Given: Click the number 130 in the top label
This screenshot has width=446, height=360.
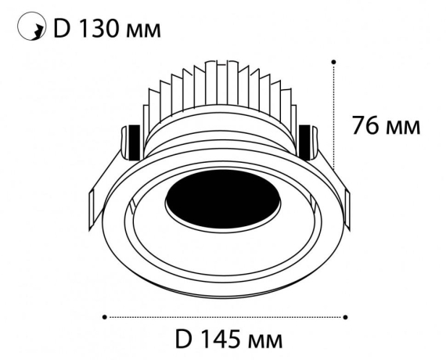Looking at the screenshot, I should (x=99, y=30).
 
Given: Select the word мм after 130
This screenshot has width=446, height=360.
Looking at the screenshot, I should (x=146, y=32).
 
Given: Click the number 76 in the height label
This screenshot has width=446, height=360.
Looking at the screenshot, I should (x=368, y=125).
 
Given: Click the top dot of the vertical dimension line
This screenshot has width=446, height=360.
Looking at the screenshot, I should (x=335, y=60).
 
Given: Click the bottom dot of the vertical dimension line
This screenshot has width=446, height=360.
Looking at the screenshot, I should (x=335, y=166).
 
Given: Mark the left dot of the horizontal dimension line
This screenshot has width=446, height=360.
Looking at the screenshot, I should (x=105, y=317).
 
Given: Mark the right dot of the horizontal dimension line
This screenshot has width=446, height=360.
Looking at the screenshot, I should (x=345, y=317).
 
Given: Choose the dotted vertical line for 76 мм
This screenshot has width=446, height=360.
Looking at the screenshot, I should (x=335, y=113).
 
